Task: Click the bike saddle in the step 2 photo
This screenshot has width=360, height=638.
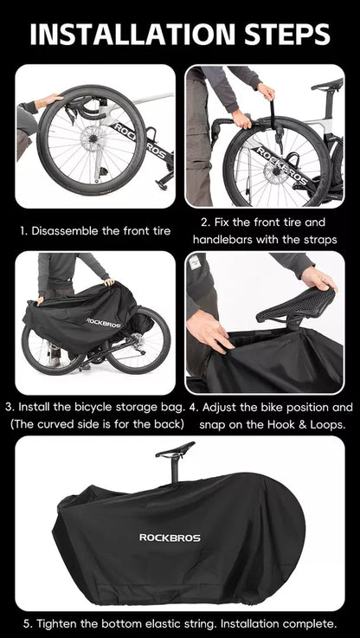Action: [x=327, y=84]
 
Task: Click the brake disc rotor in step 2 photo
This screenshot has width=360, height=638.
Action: [x=273, y=173]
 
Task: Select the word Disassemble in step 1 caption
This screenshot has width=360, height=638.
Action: [x=62, y=231]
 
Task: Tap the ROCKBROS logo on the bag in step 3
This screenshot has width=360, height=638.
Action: [x=104, y=323]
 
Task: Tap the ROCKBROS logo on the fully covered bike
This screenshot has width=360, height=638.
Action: [x=170, y=538]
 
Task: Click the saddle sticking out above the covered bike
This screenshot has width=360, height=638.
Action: [x=175, y=449]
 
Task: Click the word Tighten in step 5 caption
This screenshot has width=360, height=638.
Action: [x=54, y=623]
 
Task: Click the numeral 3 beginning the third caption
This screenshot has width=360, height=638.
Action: [x=8, y=407]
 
